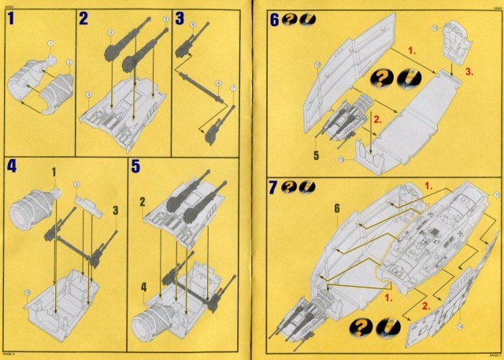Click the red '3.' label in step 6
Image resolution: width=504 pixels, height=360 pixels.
point(469,72)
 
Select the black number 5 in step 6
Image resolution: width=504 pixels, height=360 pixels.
point(315,155)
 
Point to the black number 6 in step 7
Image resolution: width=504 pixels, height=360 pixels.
point(335,208)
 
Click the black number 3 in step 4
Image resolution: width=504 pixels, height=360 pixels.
point(115,210)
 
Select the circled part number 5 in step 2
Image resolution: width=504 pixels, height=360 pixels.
point(166,17)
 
